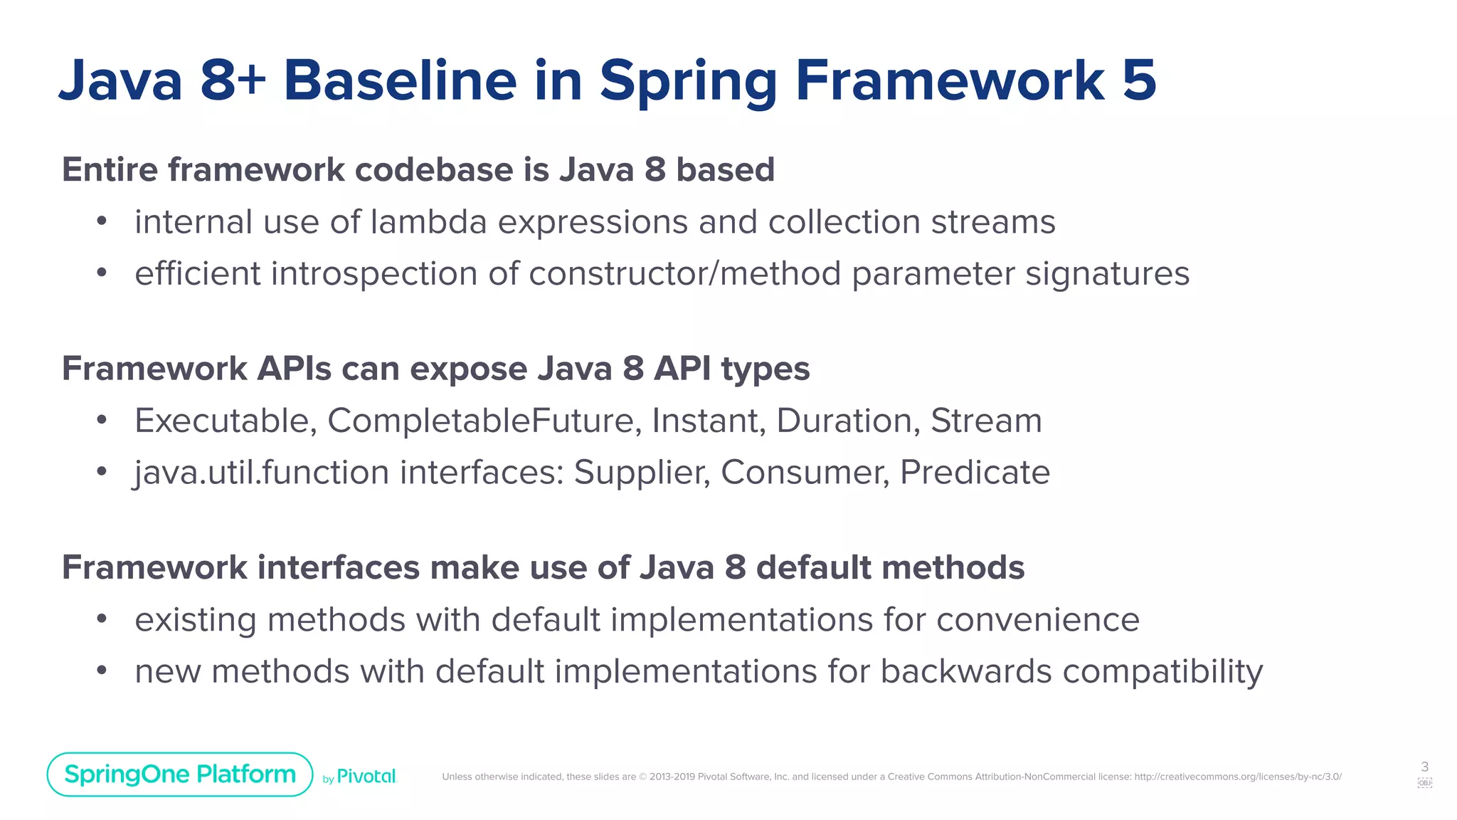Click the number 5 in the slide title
click(1138, 80)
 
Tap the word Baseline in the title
click(400, 80)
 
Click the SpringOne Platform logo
click(179, 774)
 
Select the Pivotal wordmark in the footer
click(366, 777)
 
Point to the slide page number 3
click(1424, 767)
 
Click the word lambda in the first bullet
click(428, 222)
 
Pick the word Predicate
click(975, 473)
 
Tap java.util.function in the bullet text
click(262, 473)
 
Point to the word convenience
click(1038, 619)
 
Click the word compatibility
click(1162, 672)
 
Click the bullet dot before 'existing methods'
click(102, 619)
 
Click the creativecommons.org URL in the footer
click(1238, 777)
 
